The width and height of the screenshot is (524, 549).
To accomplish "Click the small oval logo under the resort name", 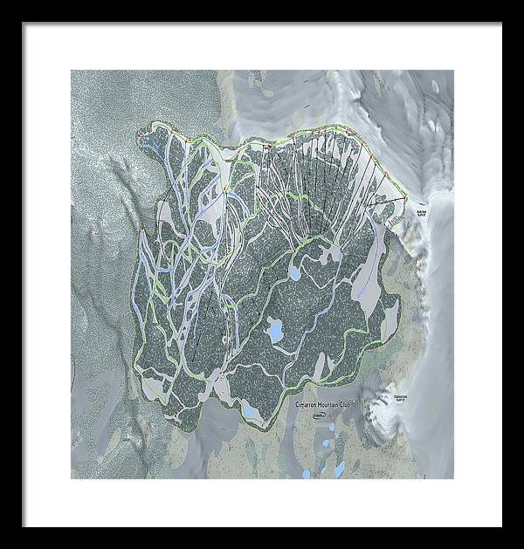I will tap(318, 416).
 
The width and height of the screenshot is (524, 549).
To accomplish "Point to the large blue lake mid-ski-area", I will tap(275, 331).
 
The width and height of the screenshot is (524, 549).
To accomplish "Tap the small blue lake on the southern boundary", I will tap(249, 411).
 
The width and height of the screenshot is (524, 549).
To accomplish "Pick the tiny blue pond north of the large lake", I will tap(293, 273).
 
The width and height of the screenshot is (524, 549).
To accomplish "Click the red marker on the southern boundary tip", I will tap(262, 424).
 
